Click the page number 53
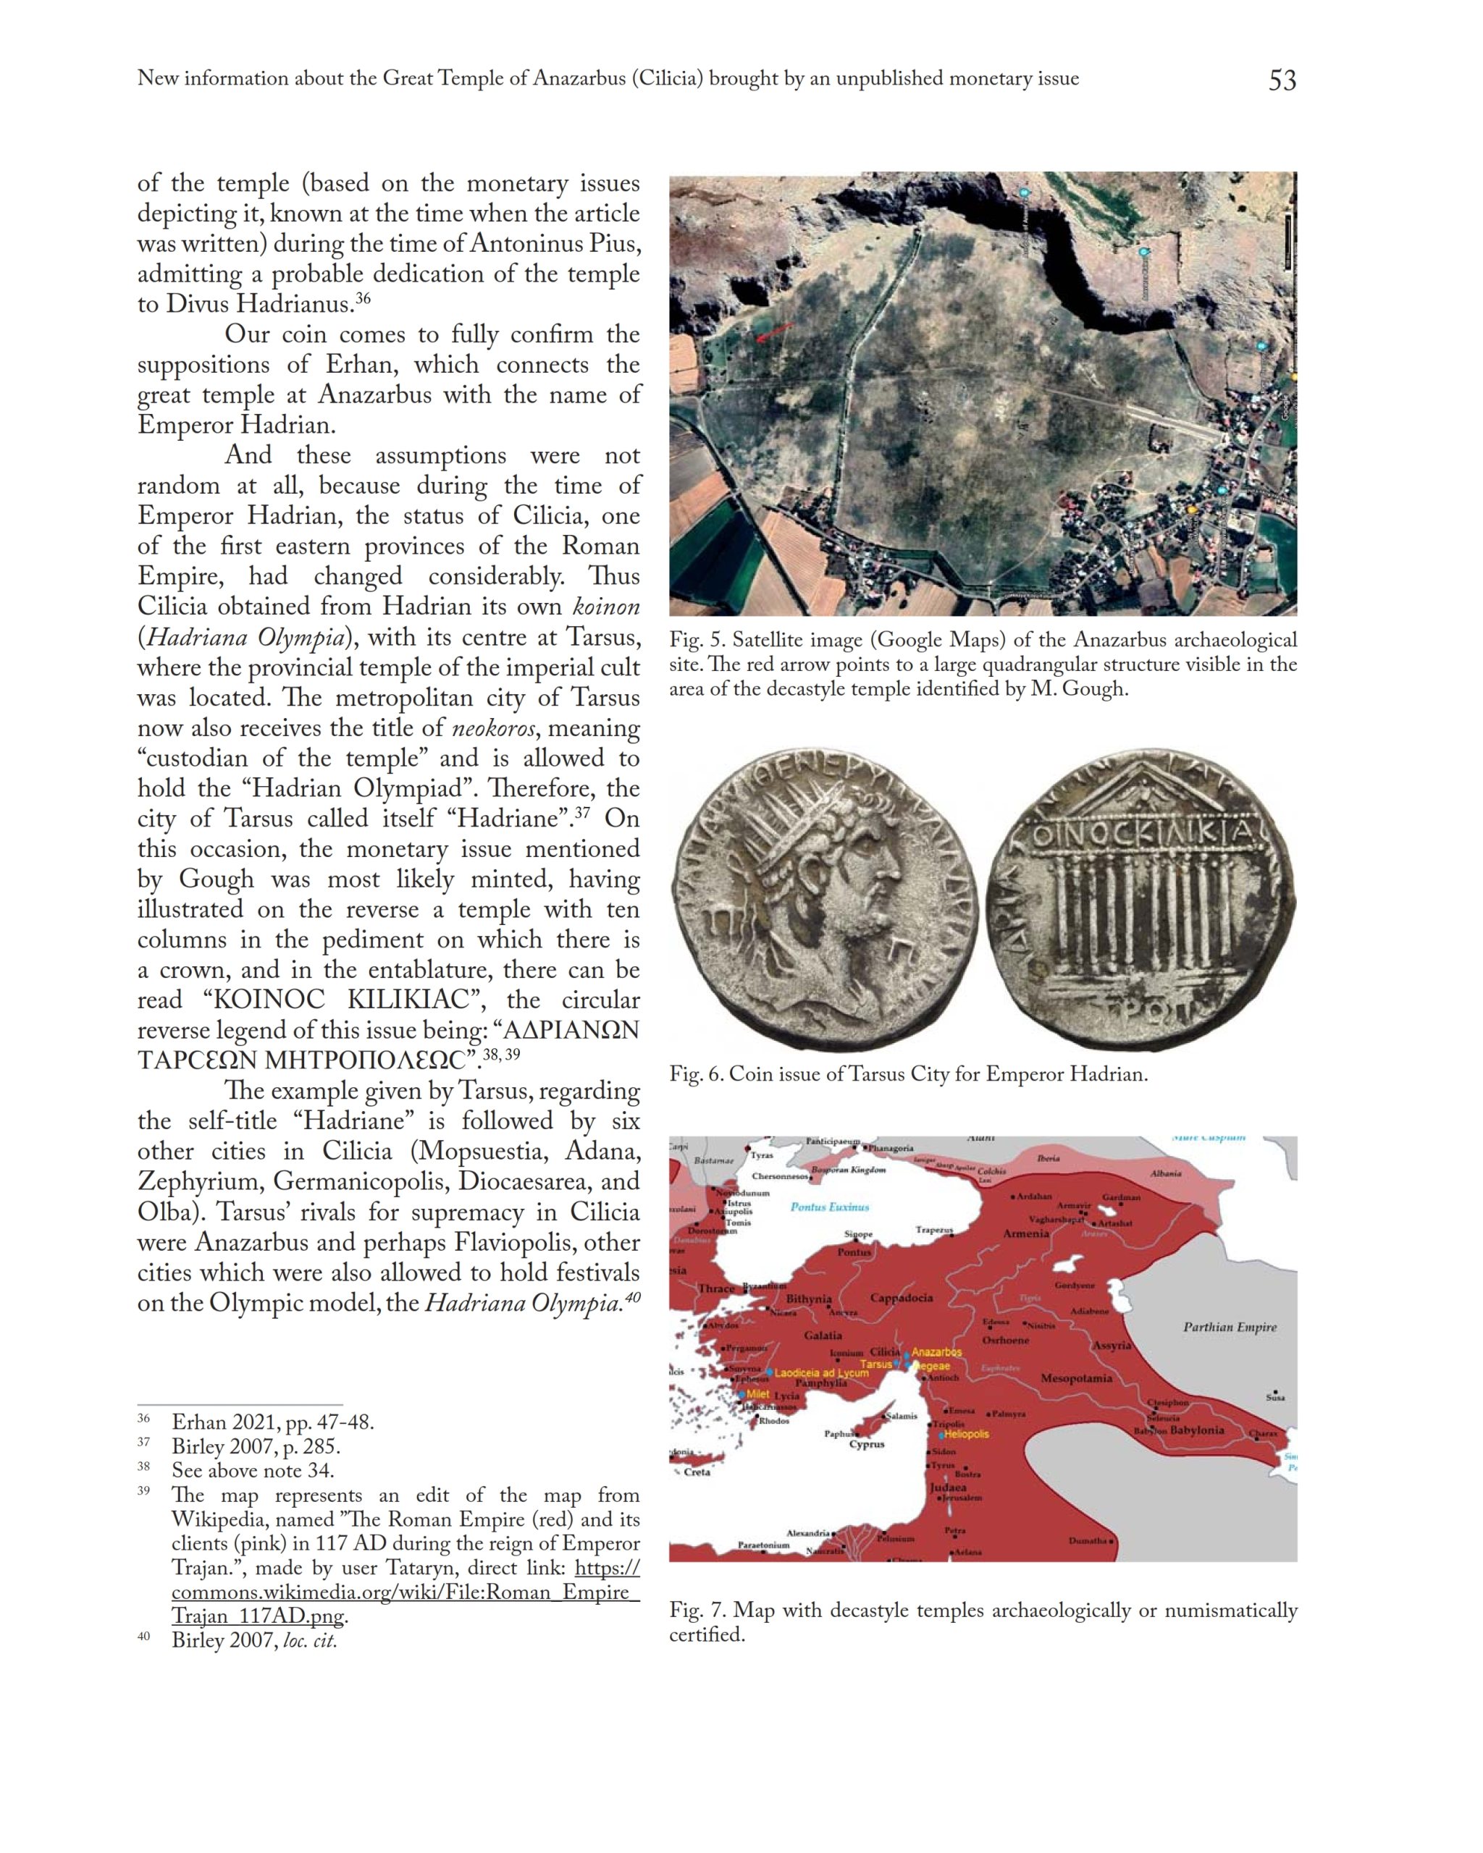pos(1282,80)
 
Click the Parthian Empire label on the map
pos(1230,1327)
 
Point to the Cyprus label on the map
pos(867,1445)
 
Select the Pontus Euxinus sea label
pos(830,1207)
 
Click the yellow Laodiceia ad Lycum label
pos(821,1373)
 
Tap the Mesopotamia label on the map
pos(1076,1379)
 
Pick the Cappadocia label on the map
pos(901,1298)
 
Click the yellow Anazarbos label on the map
pos(936,1352)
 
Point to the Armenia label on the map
pos(1025,1234)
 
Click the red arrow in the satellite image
pos(775,332)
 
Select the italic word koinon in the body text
pos(607,607)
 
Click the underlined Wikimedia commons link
pos(405,1592)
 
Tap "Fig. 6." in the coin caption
pos(695,1074)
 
